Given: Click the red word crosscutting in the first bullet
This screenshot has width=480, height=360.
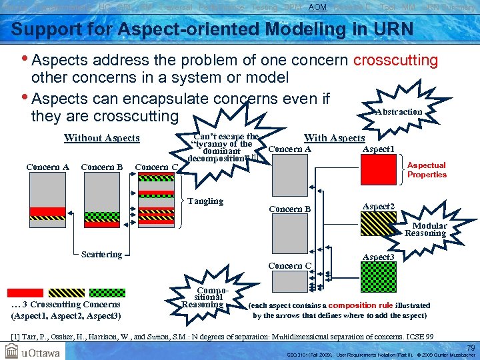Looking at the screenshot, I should (x=395, y=60).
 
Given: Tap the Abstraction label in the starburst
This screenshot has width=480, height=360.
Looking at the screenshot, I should (x=398, y=112).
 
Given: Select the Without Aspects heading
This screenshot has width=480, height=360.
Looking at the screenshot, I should (x=101, y=138).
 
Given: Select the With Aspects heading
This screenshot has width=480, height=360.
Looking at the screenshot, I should (x=334, y=138).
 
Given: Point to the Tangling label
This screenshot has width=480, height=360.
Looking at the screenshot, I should (x=205, y=201).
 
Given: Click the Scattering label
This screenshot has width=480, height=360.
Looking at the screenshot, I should (x=101, y=254).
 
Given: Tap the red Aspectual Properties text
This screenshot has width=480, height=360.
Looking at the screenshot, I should (x=427, y=170).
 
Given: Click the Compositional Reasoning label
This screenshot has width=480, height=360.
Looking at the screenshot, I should (x=203, y=298).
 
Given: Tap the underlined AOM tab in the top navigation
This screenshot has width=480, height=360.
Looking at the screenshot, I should (x=317, y=6).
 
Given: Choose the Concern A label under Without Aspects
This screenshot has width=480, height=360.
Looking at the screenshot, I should (x=47, y=167).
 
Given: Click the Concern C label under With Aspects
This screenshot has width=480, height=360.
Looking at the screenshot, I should (x=290, y=266).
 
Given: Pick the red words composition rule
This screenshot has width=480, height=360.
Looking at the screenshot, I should (x=361, y=305).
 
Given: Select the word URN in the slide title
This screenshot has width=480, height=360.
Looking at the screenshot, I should (x=391, y=30).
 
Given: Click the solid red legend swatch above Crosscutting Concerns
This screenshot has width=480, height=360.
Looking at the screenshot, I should (x=25, y=293).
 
